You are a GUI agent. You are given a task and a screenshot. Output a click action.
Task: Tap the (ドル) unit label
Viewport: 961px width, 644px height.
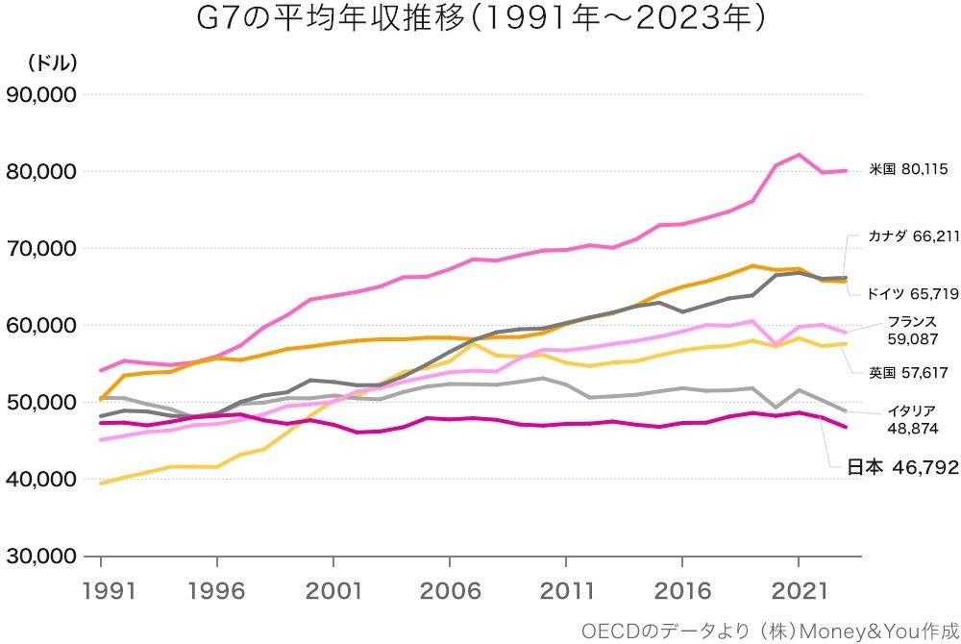[52, 62]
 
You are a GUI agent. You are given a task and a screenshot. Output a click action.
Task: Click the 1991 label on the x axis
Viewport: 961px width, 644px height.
[100, 588]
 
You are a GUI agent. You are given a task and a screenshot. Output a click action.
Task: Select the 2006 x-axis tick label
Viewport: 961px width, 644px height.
[450, 588]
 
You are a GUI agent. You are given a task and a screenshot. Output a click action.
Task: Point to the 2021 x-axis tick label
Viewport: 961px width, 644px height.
[800, 588]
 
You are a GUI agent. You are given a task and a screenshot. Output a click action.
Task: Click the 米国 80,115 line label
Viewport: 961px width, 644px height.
[908, 169]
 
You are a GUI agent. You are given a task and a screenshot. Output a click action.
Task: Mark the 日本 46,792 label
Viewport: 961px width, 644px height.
[902, 468]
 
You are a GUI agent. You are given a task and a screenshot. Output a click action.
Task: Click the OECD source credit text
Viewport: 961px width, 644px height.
[763, 630]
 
